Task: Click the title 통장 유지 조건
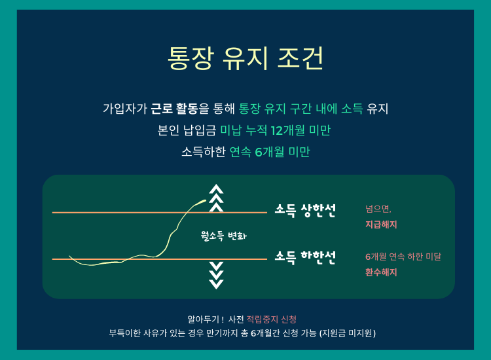[245, 58]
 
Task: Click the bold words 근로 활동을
[180, 109]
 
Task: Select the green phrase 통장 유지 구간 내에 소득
[300, 109]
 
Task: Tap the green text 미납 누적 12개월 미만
[275, 130]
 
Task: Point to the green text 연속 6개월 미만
[270, 152]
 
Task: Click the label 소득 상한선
[305, 210]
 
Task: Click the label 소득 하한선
[305, 257]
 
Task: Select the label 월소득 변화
[224, 236]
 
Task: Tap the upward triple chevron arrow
[217, 198]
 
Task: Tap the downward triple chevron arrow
[217, 275]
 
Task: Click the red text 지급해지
[381, 225]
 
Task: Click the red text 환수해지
[381, 272]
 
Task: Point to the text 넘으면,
[378, 209]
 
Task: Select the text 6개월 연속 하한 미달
[403, 257]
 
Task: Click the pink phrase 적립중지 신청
[272, 319]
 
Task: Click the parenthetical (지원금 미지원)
[348, 333]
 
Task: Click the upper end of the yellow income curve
[206, 200]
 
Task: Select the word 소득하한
[204, 152]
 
